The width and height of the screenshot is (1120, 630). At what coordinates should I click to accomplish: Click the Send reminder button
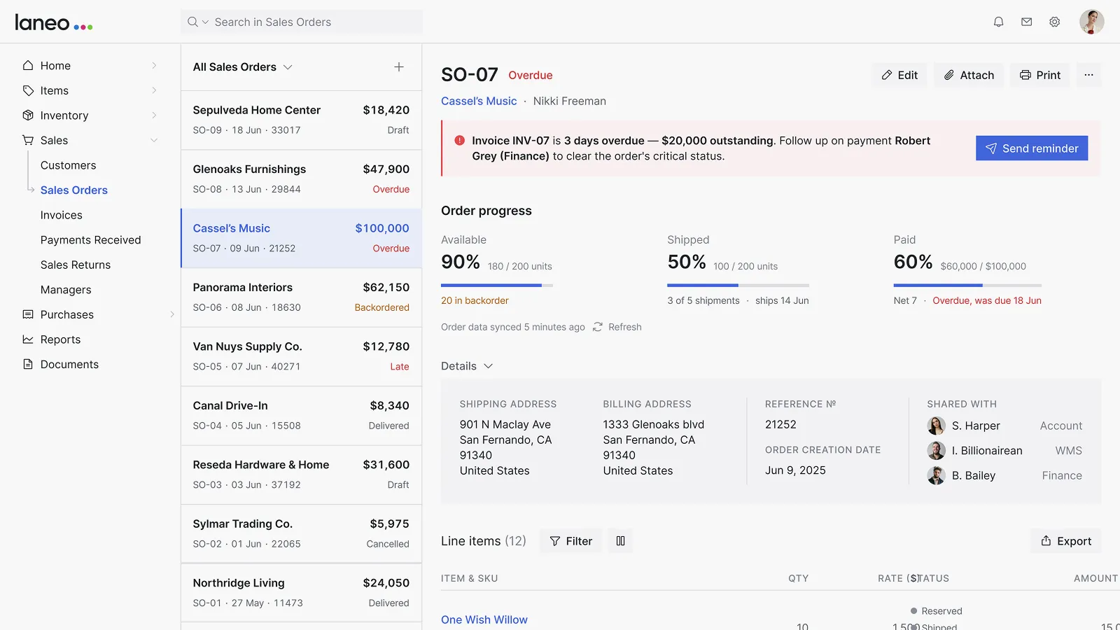pos(1032,148)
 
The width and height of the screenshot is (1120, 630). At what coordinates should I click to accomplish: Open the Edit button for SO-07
pos(899,75)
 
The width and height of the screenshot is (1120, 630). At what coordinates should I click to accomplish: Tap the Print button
pos(1040,75)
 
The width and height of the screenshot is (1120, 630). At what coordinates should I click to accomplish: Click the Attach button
pos(969,75)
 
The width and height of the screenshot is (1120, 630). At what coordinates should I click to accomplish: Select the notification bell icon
pos(998,22)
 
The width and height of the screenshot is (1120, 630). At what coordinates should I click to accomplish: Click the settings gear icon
pos(1054,22)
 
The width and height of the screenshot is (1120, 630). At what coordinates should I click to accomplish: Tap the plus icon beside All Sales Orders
pos(398,67)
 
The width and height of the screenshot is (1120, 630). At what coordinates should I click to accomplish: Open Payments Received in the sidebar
pos(90,240)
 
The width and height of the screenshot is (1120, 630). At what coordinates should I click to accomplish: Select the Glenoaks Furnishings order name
pos(249,169)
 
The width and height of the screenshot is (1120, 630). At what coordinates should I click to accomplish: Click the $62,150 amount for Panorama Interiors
pos(386,288)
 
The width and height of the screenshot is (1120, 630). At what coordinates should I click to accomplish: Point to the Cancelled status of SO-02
pos(388,543)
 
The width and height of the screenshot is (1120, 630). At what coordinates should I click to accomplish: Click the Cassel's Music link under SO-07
pos(479,101)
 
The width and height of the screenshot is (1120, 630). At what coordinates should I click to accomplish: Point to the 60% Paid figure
pos(913,262)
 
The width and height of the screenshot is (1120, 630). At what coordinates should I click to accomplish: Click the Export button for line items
pos(1066,541)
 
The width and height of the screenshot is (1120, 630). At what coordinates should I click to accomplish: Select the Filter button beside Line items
pos(570,541)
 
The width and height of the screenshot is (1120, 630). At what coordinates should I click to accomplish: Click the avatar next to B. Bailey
pos(936,475)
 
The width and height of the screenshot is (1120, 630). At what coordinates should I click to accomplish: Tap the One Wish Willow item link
pos(484,619)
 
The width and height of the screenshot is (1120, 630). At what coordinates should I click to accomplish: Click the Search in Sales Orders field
pos(302,22)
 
